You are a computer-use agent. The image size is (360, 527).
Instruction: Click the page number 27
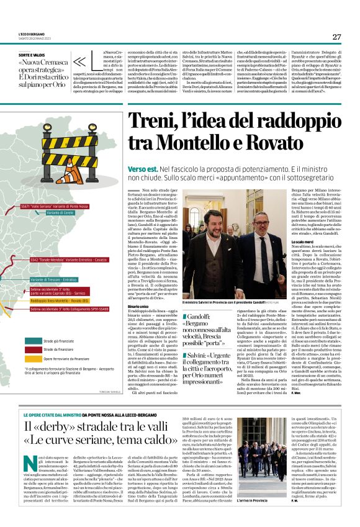click(x=336, y=37)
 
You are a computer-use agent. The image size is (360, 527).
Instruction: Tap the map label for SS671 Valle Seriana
click(x=54, y=205)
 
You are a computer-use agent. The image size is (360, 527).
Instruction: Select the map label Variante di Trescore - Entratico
click(x=53, y=279)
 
